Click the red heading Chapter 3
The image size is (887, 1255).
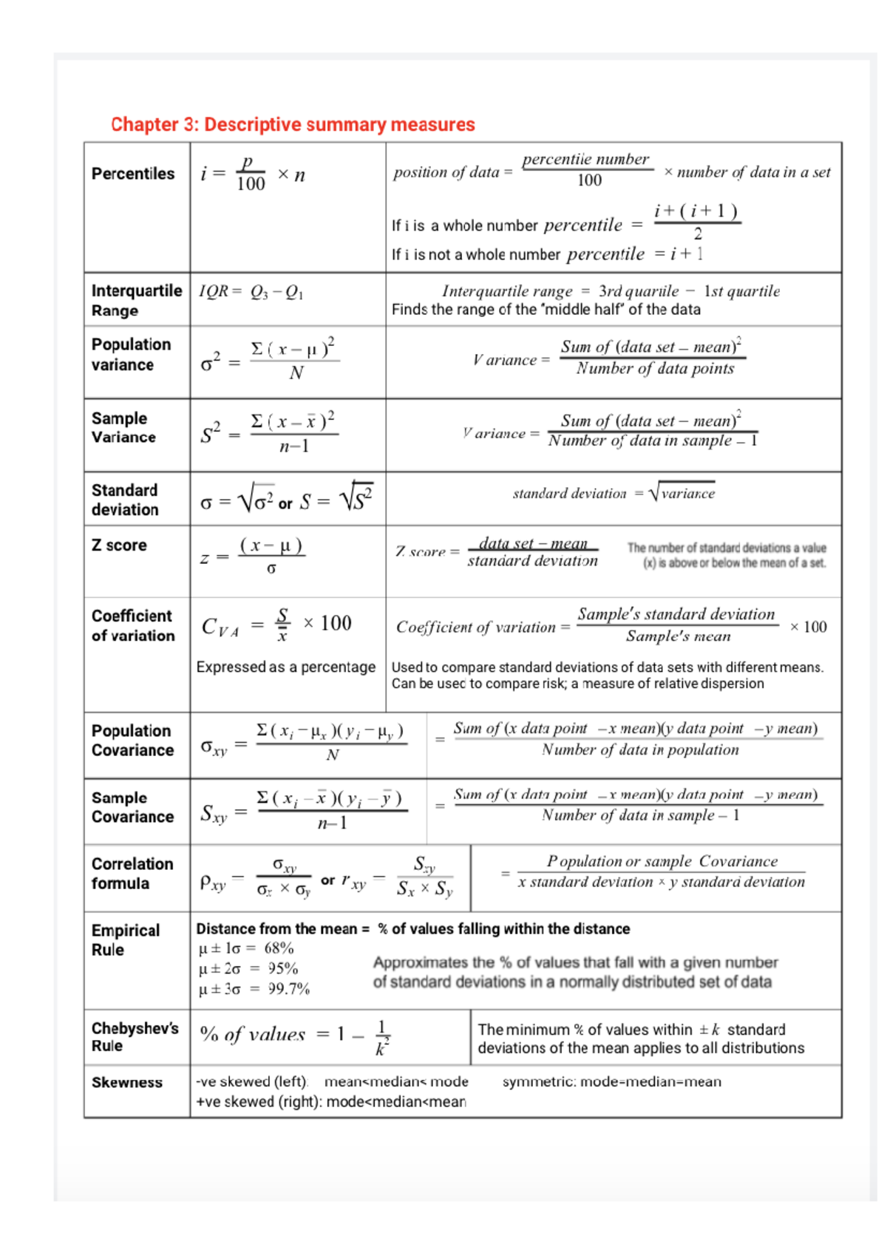coord(293,124)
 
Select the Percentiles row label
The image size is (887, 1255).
coord(133,174)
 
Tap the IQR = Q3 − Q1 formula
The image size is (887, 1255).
coord(251,292)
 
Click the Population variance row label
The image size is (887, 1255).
coord(131,355)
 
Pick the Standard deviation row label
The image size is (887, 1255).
coord(125,500)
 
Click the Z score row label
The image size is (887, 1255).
coord(119,545)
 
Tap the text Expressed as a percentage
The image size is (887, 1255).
coord(286,667)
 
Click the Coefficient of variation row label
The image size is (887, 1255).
coord(133,625)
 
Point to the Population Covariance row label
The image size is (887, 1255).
coord(132,740)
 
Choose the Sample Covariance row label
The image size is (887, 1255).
coord(132,807)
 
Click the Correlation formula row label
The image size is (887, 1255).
coord(132,873)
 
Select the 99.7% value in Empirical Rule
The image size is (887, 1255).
coord(289,989)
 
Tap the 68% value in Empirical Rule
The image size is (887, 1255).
coord(279,948)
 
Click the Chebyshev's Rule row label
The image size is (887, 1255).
coord(135,1037)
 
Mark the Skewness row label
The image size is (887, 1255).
coord(127,1082)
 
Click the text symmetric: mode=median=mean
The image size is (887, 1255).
coord(612,1081)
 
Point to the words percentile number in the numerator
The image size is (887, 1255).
coord(585,159)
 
